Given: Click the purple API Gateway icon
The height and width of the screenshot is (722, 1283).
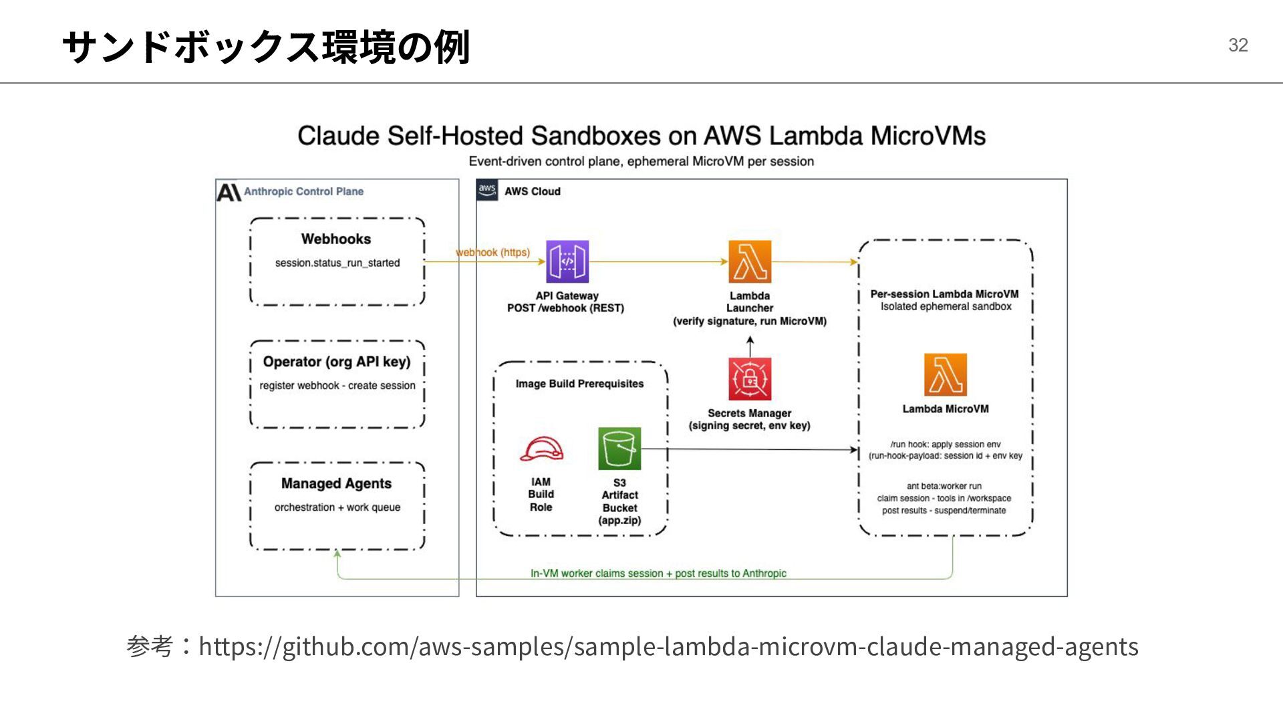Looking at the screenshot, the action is coord(567,261).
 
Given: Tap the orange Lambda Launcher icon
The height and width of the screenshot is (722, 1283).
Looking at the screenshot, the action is coord(750,261).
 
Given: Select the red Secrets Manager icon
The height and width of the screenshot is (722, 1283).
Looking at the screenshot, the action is coord(750,379).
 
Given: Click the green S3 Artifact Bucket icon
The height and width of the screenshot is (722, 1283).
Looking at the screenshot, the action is coord(619,449).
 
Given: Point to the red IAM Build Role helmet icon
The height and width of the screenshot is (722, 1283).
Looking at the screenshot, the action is coord(541,449).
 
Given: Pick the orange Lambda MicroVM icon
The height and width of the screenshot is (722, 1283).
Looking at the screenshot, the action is coord(946,375).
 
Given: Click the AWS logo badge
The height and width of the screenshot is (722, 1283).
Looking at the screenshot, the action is coord(487,191).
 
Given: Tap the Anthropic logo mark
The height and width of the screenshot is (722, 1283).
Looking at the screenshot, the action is coord(229,192).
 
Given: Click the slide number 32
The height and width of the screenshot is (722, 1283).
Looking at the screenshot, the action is coord(1238,45).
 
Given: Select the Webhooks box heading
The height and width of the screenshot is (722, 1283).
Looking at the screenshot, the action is coord(336,239).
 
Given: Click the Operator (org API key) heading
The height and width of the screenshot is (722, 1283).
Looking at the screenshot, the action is coord(337,362).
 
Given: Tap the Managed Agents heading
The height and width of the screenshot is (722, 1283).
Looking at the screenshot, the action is coord(336,483).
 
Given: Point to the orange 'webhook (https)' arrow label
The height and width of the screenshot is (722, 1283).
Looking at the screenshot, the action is coord(493,252).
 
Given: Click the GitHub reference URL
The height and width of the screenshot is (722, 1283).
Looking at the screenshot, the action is coord(668,646).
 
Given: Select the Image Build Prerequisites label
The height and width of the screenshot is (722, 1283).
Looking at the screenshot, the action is coord(579,384).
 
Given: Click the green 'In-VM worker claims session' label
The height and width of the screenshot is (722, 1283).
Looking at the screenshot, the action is coord(658,573).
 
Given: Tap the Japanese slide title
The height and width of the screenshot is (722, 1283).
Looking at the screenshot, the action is coord(266,47).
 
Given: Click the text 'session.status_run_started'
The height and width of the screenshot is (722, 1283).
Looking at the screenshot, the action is coord(337,263).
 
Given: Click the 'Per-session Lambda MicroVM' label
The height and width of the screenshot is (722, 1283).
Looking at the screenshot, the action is coord(945,294).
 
